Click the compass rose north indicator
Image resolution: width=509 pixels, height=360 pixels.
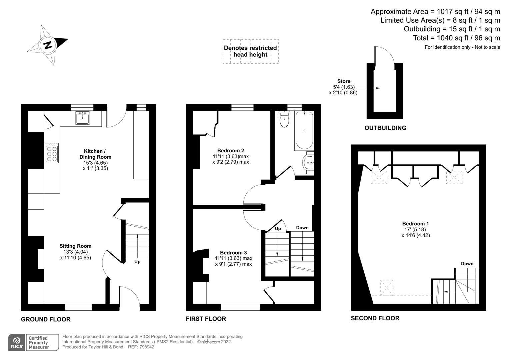pyautogui.click(x=48, y=45)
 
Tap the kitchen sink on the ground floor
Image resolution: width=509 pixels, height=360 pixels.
pyautogui.click(x=82, y=118)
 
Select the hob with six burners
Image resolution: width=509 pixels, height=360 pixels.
pyautogui.click(x=52, y=153)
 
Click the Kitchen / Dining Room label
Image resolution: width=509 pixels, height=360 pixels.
pyautogui.click(x=95, y=154)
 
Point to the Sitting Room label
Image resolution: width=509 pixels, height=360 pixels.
pyautogui.click(x=75, y=246)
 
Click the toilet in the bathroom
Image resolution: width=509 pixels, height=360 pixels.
pyautogui.click(x=284, y=120)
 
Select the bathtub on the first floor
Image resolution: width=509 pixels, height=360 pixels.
pyautogui.click(x=304, y=130)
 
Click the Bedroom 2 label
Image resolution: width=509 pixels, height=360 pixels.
pyautogui.click(x=231, y=150)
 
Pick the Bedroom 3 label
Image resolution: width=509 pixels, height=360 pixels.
pyautogui.click(x=233, y=253)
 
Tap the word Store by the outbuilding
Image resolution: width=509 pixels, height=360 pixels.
pyautogui.click(x=344, y=81)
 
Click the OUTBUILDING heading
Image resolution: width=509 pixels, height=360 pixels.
pyautogui.click(x=385, y=128)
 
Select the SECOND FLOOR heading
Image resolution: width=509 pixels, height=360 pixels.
pyautogui.click(x=375, y=318)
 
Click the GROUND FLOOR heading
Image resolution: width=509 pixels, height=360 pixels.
pyautogui.click(x=46, y=319)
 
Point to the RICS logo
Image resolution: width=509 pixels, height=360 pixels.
pyautogui.click(x=17, y=343)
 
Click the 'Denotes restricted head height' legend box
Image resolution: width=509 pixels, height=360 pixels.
pyautogui.click(x=250, y=51)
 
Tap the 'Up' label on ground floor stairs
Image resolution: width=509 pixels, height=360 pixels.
pyautogui.click(x=137, y=262)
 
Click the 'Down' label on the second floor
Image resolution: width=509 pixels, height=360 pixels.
pyautogui.click(x=467, y=264)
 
